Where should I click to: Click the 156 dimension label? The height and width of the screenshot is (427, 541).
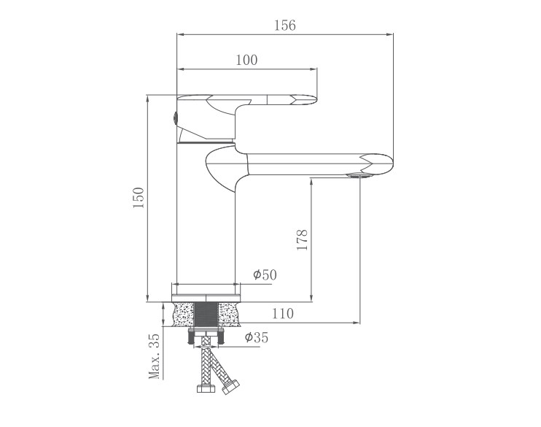284,26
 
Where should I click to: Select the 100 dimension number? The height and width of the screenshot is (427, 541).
246,60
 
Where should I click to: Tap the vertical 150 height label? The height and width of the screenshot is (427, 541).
139,198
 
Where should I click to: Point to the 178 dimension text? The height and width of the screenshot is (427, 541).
303,239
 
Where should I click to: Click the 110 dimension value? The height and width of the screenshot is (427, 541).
283,314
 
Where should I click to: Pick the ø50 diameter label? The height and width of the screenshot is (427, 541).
265,275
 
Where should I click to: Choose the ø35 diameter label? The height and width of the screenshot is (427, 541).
256,337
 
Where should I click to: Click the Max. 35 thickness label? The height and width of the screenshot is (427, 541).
155,356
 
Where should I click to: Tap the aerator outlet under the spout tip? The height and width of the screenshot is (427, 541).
359,175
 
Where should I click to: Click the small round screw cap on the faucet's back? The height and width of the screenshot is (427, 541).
175,118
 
